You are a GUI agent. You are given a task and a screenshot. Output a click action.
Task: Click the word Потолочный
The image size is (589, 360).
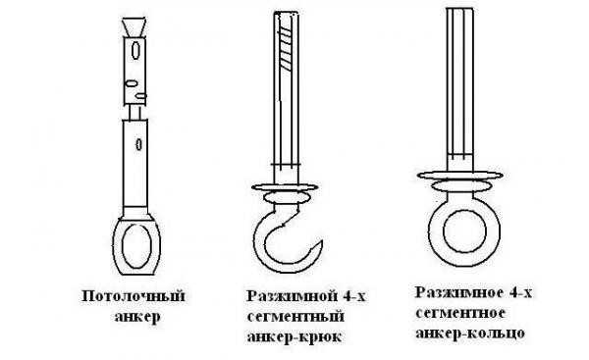click(134, 296)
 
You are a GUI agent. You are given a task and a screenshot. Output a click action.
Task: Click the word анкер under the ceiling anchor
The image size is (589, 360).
click(137, 317)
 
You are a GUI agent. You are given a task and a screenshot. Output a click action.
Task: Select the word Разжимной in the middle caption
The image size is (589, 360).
click(290, 296)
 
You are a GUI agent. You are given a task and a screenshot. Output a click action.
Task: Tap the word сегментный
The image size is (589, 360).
click(295, 316)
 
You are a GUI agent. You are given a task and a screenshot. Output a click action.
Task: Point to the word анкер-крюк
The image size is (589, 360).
click(294, 336)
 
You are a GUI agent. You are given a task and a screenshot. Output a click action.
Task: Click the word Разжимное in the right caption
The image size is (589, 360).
click(459, 292)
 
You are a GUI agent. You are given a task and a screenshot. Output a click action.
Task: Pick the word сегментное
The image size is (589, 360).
click(460, 313)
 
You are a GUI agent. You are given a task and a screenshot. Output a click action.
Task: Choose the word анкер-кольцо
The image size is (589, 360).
click(470, 333)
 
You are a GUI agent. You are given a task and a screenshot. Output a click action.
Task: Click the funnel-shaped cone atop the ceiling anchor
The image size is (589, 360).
click(134, 27)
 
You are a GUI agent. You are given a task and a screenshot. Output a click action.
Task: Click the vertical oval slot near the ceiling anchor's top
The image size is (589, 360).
click(135, 50)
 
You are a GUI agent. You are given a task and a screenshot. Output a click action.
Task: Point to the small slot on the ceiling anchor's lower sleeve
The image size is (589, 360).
click(138, 144)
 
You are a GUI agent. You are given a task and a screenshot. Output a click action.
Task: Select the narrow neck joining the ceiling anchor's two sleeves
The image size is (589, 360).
click(134, 112)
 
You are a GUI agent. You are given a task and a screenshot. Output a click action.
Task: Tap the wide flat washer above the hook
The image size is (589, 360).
click(285, 187)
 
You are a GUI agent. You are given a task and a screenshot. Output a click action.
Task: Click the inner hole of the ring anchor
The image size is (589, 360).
click(461, 231)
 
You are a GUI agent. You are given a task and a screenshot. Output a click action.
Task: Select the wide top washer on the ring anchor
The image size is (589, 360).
click(460, 175)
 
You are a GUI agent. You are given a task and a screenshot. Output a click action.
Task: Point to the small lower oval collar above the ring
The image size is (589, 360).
click(461, 185)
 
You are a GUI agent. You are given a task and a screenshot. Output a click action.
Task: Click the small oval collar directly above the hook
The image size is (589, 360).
click(285, 197)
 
